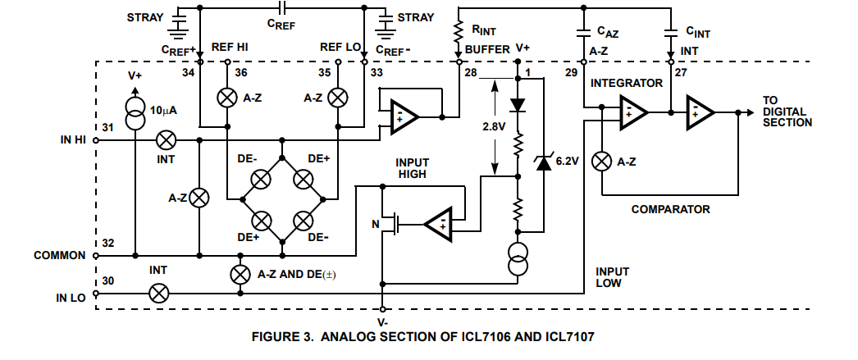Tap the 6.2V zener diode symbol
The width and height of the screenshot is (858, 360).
point(543,162)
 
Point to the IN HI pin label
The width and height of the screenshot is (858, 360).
point(73,140)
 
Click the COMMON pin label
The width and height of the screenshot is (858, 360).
point(60,256)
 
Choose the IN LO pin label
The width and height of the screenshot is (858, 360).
point(71,298)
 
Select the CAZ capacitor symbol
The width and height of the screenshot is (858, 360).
point(584,32)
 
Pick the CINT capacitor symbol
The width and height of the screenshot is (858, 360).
point(670,32)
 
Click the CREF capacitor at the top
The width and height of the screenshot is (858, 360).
point(282,7)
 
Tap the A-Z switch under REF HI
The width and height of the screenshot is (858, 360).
point(226,98)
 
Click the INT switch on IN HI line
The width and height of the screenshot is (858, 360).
point(166,140)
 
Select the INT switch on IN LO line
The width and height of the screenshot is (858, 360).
point(158,294)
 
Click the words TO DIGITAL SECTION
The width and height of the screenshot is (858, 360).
point(787,112)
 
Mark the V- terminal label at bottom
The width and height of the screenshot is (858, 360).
point(382,322)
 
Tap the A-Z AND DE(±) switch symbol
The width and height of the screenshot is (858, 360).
point(240,274)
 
